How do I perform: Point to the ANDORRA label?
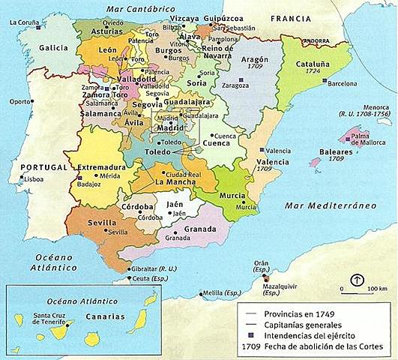pyautogui.click(x=317, y=40)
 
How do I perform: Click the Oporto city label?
pyautogui.click(x=20, y=100)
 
